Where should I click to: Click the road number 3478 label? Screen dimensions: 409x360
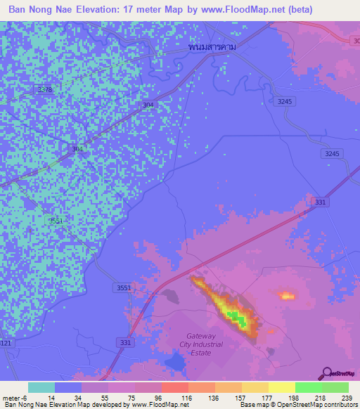point(45,90)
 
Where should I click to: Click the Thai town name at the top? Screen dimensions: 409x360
point(212,46)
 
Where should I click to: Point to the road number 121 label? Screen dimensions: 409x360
point(6,342)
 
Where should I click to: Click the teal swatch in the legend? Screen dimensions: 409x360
point(41,387)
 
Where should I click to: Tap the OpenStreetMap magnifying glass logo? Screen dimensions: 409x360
point(326,372)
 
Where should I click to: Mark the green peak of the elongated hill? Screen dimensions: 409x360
point(240,322)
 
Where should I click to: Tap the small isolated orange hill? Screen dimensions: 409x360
point(285,296)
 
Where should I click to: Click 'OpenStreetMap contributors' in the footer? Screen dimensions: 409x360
point(320,405)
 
